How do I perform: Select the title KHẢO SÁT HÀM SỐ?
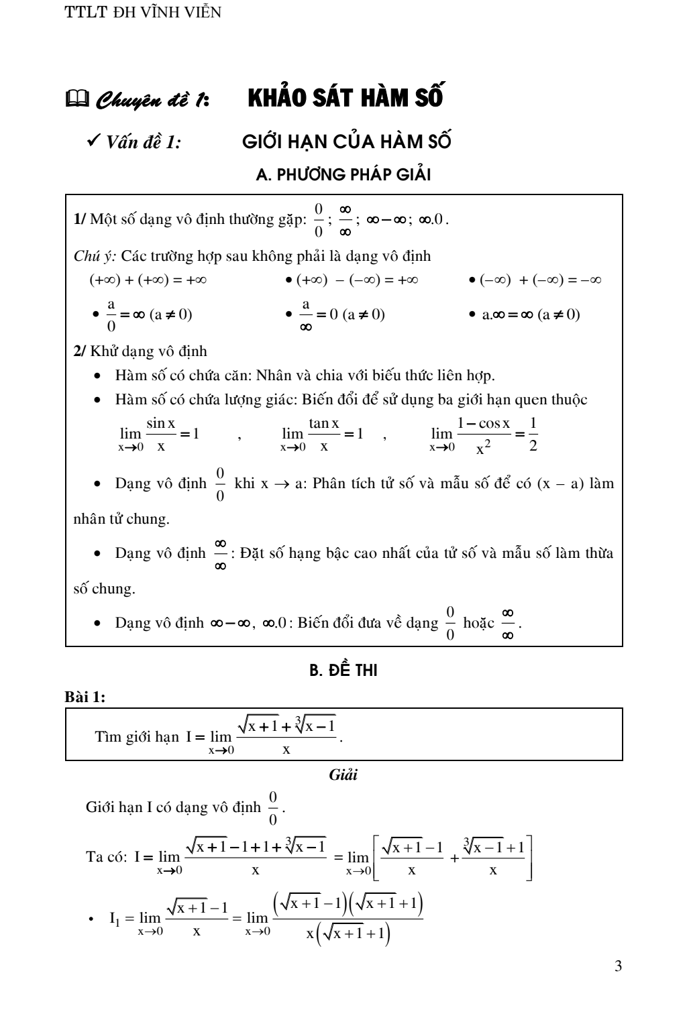[x=346, y=98]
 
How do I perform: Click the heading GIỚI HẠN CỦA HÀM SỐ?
[x=346, y=141]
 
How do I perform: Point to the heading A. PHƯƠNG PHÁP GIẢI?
[x=343, y=175]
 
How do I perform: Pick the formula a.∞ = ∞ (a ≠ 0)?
[x=530, y=314]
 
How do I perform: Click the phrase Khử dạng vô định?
[x=148, y=351]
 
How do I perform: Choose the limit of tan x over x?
[x=322, y=434]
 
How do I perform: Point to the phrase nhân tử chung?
[x=121, y=518]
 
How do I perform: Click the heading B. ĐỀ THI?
[x=343, y=670]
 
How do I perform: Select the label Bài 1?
[x=85, y=697]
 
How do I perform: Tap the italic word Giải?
[x=343, y=775]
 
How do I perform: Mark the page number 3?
[x=618, y=966]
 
